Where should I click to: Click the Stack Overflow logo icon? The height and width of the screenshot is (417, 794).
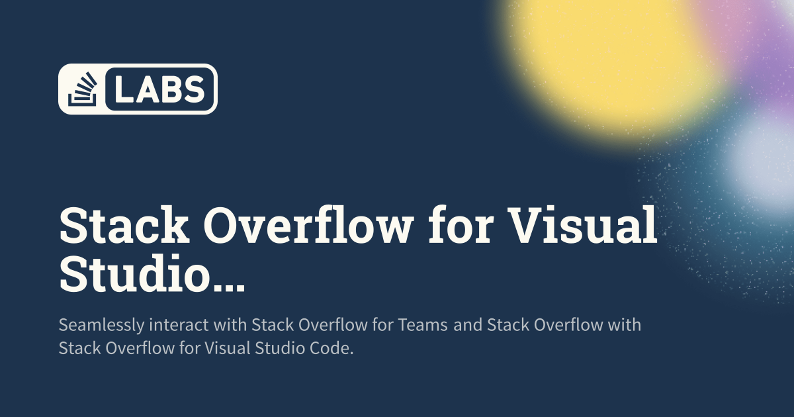coord(82,89)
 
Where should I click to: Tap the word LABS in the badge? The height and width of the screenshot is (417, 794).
coord(160,89)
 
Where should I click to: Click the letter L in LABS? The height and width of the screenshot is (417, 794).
coord(125,89)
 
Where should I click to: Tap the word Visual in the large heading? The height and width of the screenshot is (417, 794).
coord(582,226)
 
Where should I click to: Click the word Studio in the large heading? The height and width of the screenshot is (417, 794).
coord(136,271)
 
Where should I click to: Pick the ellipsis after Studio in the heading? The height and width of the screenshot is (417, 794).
coord(230,286)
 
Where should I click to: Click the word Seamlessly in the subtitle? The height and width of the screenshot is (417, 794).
coord(101,326)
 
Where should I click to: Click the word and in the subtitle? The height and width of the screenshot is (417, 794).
coord(468,325)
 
